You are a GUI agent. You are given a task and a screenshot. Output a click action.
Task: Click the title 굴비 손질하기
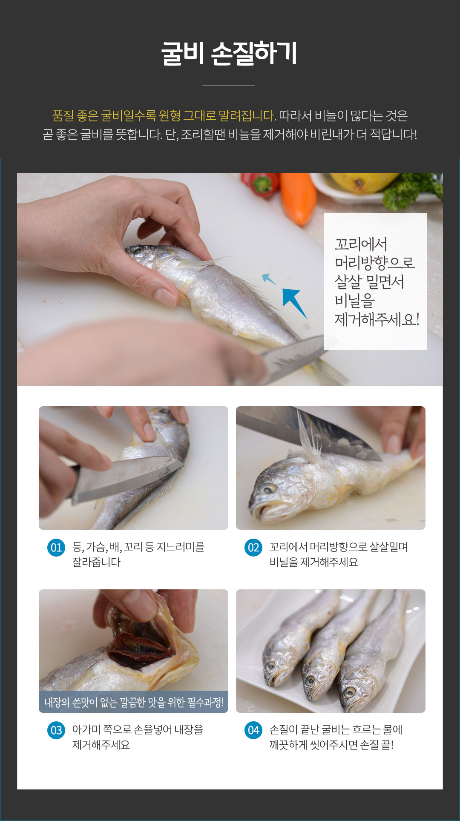tap(229, 54)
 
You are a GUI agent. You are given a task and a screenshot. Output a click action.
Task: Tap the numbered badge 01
tap(56, 548)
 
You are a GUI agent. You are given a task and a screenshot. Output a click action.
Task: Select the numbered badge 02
tap(253, 548)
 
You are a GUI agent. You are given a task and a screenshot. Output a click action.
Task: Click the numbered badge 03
tap(56, 730)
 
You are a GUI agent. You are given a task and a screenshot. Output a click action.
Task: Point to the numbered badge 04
tap(253, 730)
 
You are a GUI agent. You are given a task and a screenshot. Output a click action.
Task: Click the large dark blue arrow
tap(294, 301)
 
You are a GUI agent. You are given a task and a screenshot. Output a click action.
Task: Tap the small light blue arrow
tap(268, 279)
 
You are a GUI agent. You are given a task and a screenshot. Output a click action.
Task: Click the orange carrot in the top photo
tap(298, 197)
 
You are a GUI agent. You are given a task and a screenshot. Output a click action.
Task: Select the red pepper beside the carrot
tap(261, 184)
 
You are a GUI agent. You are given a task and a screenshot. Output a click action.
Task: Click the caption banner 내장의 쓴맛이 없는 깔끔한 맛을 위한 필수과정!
tap(134, 702)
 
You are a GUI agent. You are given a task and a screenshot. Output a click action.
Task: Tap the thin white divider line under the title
tap(229, 86)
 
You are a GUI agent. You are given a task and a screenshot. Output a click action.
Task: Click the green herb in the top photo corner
tap(413, 189)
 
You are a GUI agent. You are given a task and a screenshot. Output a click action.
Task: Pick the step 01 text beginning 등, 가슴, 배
tap(138, 554)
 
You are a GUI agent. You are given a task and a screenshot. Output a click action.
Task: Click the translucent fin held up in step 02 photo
tap(310, 439)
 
